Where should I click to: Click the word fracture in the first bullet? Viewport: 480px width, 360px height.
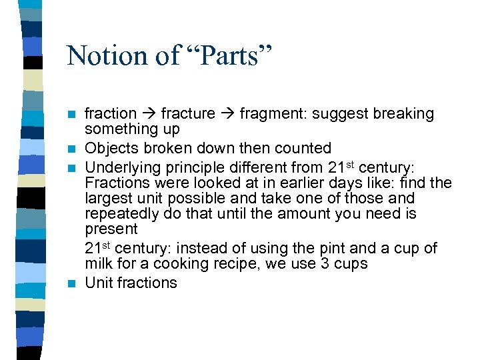(188, 114)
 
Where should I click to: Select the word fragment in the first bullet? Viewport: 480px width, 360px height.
(269, 114)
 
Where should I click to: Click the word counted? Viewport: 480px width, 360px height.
(303, 148)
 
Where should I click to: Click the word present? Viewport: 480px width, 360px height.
(111, 230)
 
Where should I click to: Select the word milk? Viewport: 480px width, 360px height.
(100, 264)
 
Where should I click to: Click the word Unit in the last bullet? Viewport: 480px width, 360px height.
(99, 283)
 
